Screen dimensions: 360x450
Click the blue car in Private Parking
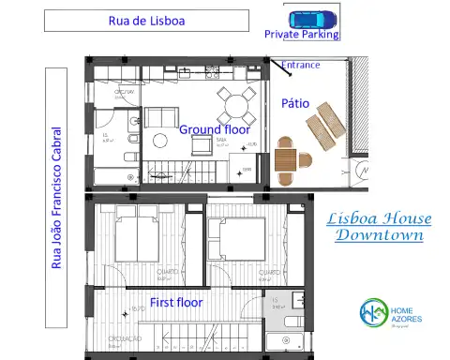tap(311, 18)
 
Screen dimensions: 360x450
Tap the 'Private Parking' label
tap(301, 34)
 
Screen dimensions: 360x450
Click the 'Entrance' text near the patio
tap(301, 66)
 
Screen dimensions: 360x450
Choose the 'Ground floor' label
tap(215, 129)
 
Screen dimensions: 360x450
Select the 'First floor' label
tap(177, 303)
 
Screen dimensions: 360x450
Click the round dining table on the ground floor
tap(232, 98)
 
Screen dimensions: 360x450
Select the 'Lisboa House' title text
tap(379, 218)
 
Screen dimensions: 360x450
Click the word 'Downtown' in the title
tap(379, 235)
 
